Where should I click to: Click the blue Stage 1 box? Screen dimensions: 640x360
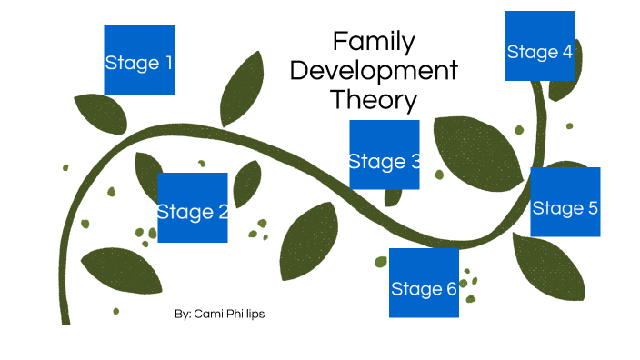point(139,60)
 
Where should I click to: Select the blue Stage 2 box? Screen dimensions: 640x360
point(193,207)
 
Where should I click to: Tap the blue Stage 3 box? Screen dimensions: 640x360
point(385,155)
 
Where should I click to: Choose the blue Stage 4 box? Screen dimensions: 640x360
point(540,45)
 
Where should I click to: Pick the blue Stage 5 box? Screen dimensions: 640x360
point(565,202)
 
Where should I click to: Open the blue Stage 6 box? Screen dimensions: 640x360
point(424,283)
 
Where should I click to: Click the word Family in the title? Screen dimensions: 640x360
point(374,41)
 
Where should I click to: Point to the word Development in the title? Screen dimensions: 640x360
point(374,70)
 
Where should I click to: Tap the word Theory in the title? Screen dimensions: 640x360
point(374,99)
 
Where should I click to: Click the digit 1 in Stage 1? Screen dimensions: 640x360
point(166,64)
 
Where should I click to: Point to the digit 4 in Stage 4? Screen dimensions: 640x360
point(567,52)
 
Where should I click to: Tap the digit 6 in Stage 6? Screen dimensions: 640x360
point(451,289)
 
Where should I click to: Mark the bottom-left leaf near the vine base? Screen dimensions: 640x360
point(120,270)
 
